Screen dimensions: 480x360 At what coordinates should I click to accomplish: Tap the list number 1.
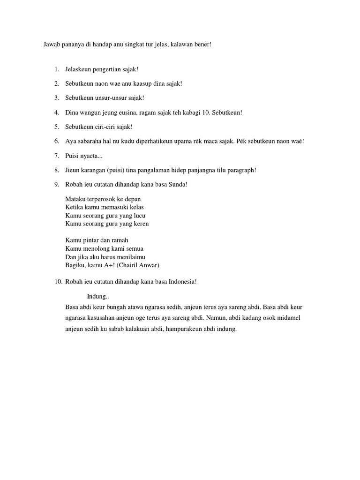(56, 70)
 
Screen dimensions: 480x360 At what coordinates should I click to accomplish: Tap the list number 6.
(56, 141)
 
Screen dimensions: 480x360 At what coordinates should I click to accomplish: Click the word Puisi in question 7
(73, 156)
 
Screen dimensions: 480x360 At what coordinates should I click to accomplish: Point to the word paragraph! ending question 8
(241, 170)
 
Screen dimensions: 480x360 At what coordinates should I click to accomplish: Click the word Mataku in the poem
(75, 199)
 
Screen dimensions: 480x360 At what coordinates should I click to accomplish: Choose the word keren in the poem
(140, 224)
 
